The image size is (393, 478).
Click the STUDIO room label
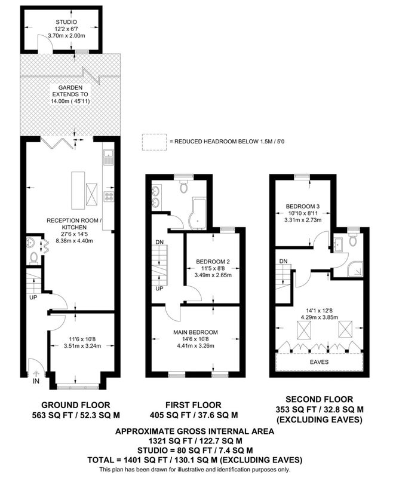(x=66, y=22)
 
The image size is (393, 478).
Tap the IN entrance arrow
(x=36, y=373)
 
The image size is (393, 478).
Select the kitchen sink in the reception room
(x=108, y=157)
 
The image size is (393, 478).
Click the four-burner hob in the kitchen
(x=109, y=197)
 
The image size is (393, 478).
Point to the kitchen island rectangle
(x=78, y=191)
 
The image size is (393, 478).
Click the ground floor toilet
(x=33, y=259)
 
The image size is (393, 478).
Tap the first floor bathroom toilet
(x=184, y=186)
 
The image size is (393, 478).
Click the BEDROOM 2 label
(x=213, y=262)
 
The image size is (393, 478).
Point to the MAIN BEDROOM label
(x=195, y=332)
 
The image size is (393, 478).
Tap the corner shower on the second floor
(x=355, y=269)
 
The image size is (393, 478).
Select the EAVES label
(x=320, y=362)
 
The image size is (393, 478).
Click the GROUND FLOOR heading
(x=75, y=405)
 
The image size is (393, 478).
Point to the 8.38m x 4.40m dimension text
(x=74, y=241)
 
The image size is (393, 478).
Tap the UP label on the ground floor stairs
(x=33, y=297)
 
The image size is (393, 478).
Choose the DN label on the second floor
(x=283, y=261)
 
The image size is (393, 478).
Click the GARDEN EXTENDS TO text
(x=70, y=91)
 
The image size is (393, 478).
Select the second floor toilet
(x=353, y=240)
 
